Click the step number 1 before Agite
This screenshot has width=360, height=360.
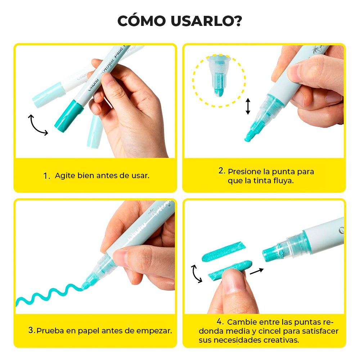[46, 176]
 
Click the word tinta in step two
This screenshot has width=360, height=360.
[261, 181]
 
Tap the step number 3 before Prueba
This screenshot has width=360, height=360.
[31, 330]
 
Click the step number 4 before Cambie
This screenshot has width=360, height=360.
[220, 321]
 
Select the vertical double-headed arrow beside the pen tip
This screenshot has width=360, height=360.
[248, 107]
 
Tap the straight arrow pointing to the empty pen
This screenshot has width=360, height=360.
[256, 271]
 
